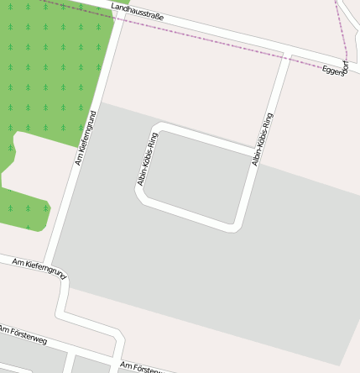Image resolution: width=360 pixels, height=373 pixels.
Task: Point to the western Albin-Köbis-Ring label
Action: tap(148, 159)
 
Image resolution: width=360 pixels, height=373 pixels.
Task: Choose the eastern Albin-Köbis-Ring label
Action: tap(263, 139)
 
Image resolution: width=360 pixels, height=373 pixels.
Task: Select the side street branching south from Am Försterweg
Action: tap(70, 364)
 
